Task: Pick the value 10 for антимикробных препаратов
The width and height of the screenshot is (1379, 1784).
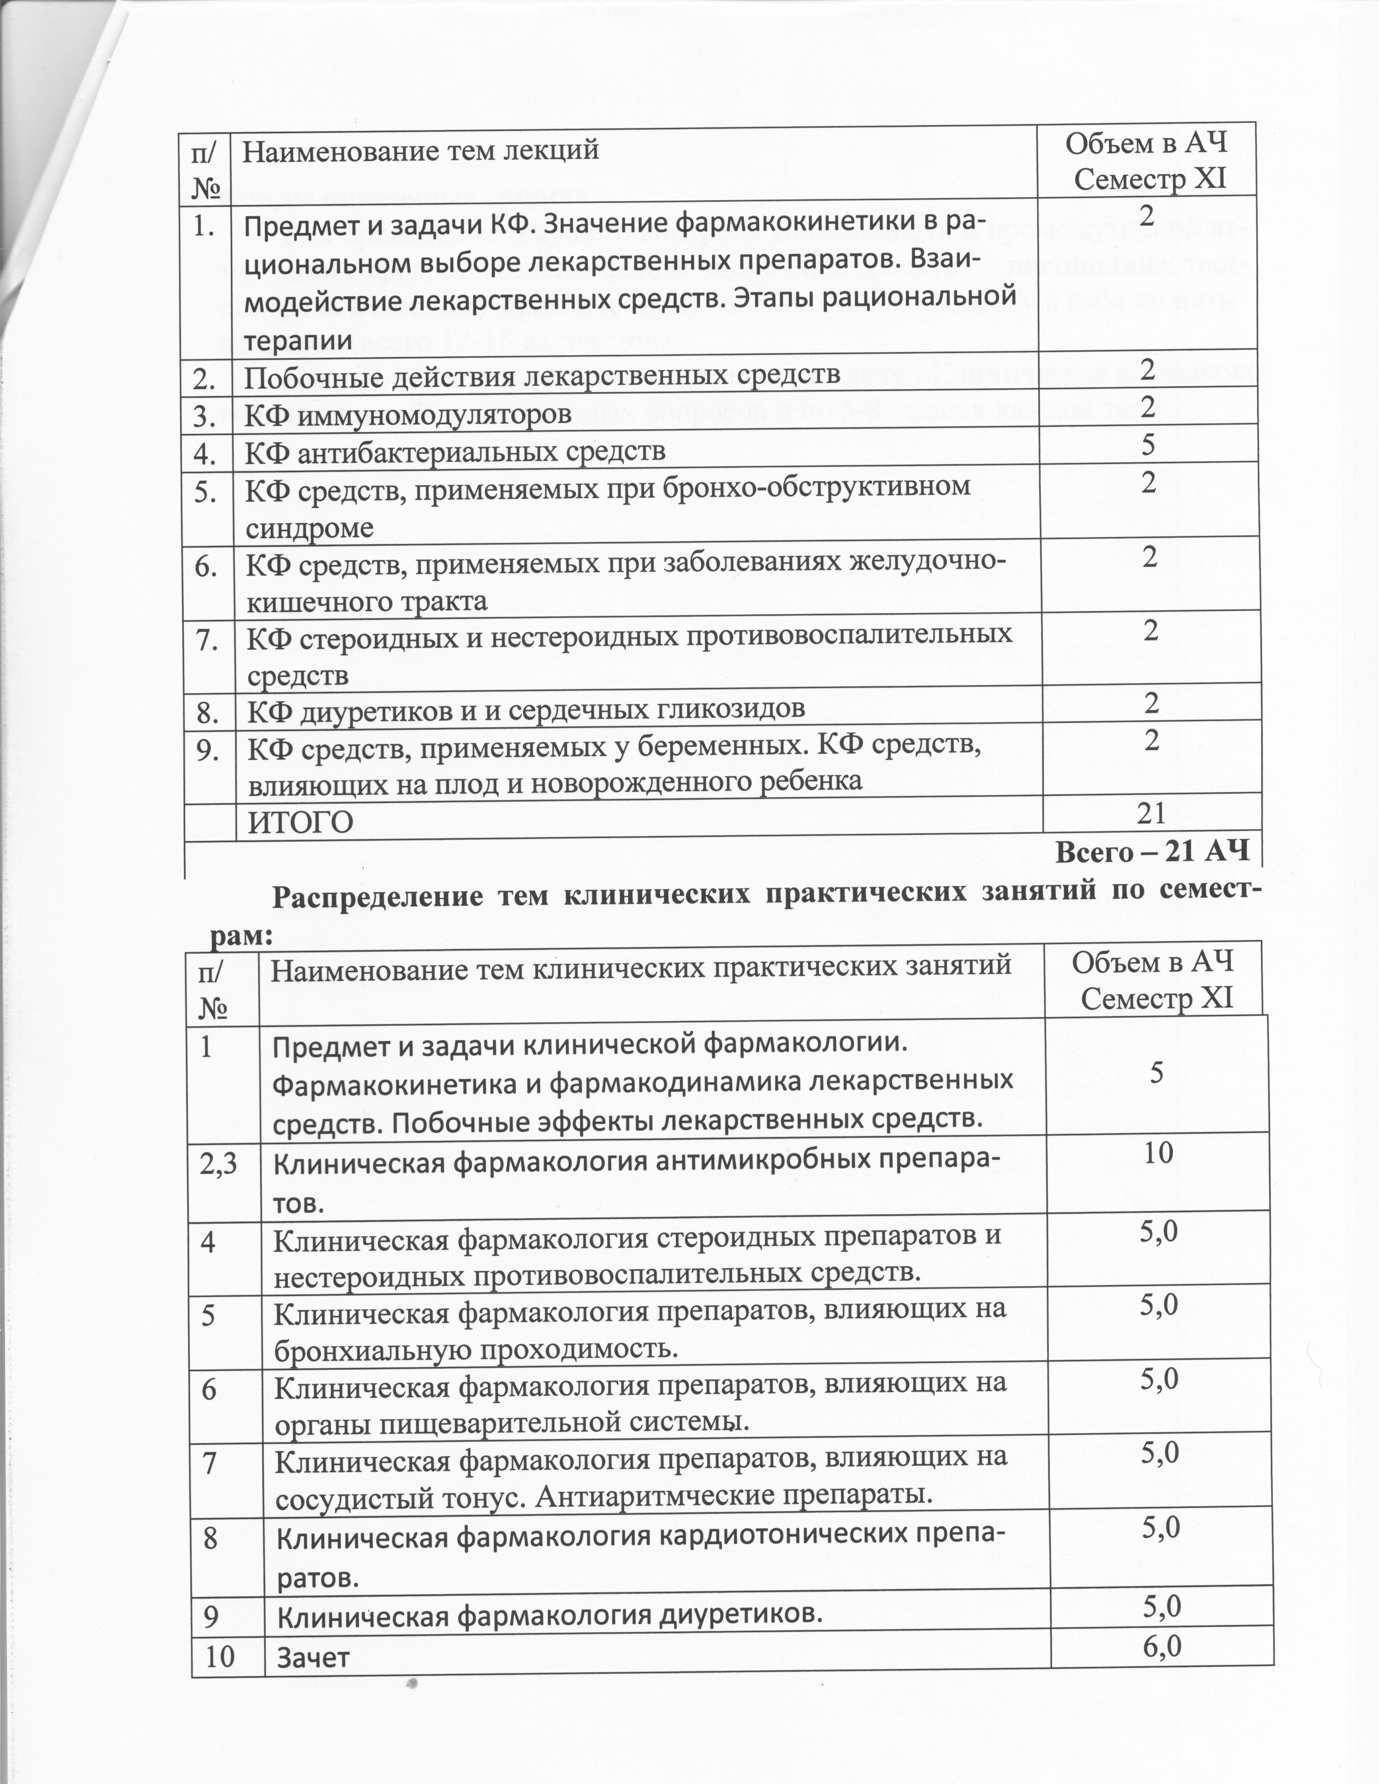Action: click(1158, 1152)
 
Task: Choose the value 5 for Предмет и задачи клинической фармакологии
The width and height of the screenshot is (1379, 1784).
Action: click(1157, 1073)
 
